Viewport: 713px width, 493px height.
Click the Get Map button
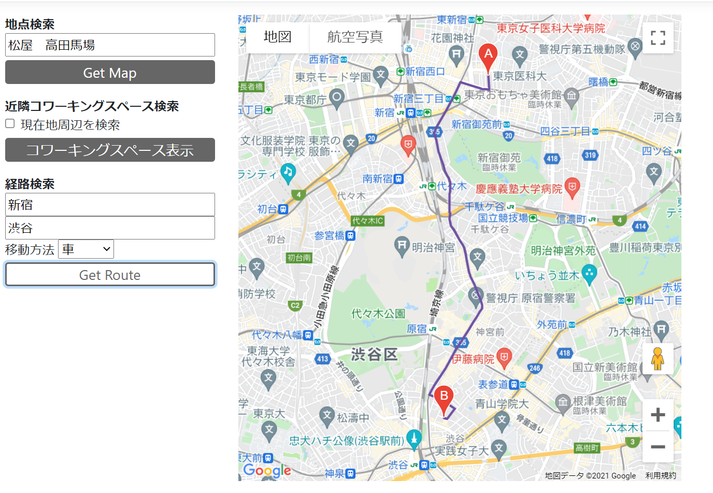pos(110,73)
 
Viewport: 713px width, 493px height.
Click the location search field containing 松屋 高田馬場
pos(110,45)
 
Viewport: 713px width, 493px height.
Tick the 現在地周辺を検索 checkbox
pos(10,123)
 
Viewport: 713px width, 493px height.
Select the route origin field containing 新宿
pos(110,205)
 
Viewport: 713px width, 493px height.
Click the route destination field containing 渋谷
pos(110,228)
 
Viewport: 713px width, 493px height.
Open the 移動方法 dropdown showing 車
pos(86,249)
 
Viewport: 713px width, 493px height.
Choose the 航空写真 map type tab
pos(355,37)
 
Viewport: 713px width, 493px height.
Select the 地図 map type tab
pos(278,37)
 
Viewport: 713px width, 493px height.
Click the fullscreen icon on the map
pos(658,38)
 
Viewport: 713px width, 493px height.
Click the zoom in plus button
pos(658,415)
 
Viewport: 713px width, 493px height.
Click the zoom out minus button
pos(658,446)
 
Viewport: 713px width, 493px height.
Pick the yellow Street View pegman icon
pos(658,359)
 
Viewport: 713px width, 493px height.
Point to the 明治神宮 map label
pos(433,248)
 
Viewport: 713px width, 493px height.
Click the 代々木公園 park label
pos(378,314)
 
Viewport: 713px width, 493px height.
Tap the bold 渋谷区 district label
pos(374,355)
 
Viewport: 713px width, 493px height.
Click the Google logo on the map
pos(267,470)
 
